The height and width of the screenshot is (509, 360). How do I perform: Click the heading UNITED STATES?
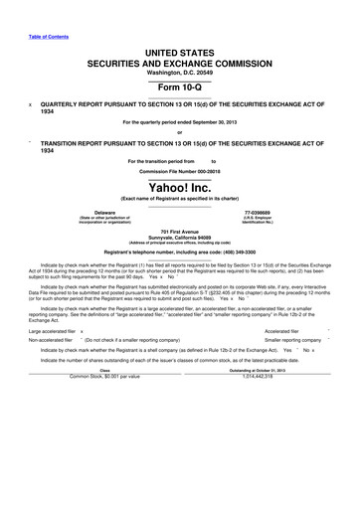pyautogui.click(x=179, y=51)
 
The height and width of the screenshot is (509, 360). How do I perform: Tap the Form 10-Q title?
pyautogui.click(x=179, y=87)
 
